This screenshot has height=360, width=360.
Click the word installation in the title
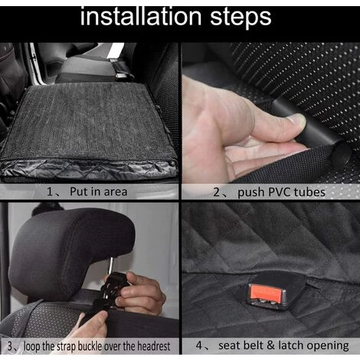coord(141,17)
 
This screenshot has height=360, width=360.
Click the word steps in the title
coord(241,18)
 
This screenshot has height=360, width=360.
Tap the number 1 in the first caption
coord(50,191)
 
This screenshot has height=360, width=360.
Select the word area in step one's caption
coord(116,192)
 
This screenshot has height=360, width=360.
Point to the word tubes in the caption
coord(309,192)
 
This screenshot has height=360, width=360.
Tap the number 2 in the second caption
coord(216,192)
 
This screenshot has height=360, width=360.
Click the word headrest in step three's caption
coord(154,346)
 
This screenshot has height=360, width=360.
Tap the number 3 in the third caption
coord(10,346)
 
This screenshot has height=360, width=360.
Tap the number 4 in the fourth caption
coord(199,345)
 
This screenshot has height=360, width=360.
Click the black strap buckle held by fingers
coord(113,285)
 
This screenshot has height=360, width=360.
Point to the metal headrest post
coord(110,267)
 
